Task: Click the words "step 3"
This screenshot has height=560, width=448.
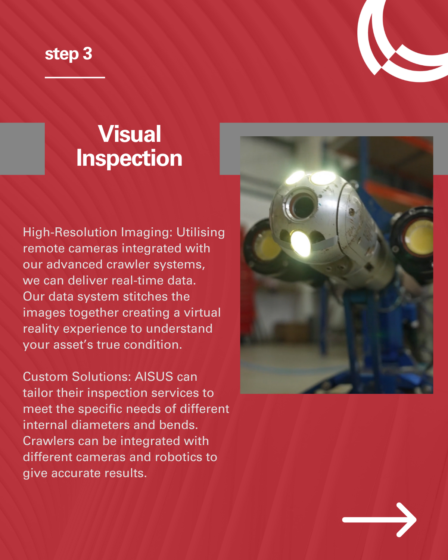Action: click(68, 54)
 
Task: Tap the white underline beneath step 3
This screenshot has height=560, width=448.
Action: click(75, 77)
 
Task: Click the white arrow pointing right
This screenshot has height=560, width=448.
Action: click(379, 520)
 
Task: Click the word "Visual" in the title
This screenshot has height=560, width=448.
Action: click(130, 134)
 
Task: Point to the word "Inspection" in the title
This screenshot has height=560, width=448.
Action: click(129, 158)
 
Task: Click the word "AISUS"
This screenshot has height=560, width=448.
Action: click(154, 376)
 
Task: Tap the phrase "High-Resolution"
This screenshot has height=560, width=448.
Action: click(70, 232)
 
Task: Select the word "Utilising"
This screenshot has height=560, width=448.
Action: click(200, 232)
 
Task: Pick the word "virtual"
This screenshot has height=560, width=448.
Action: click(202, 312)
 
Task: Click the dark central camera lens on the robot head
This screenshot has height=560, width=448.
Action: click(303, 206)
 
